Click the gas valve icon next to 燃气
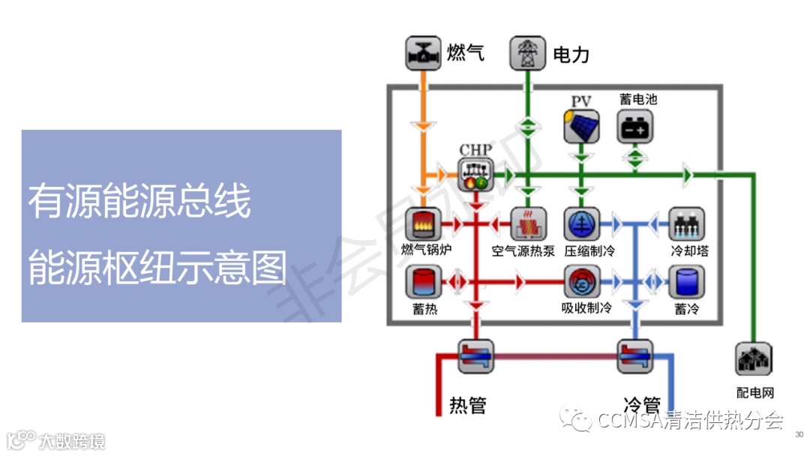click(423, 53)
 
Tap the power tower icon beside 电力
click(527, 53)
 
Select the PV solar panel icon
click(581, 127)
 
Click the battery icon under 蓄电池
click(634, 127)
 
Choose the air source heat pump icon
click(528, 223)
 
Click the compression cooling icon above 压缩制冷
click(581, 223)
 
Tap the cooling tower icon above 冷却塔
click(685, 223)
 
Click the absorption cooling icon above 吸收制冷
click(581, 283)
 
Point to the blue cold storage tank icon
click(685, 283)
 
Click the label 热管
click(468, 406)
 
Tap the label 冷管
click(642, 404)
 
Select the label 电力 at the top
click(571, 55)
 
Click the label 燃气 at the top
click(466, 52)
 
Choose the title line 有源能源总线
click(139, 202)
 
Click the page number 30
click(799, 433)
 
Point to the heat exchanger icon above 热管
click(475, 355)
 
